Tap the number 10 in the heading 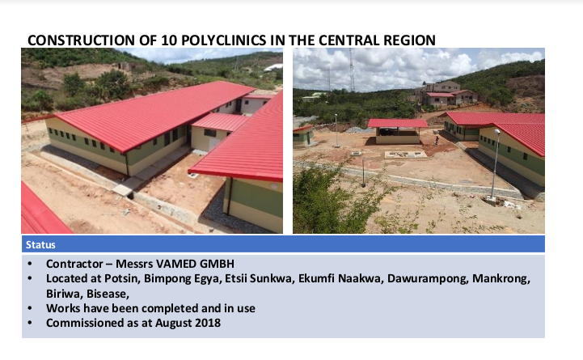pos(168,40)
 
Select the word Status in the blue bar pos(40,244)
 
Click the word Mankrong pos(501,278)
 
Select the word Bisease pos(108,294)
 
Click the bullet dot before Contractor pos(30,264)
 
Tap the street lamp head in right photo pos(496,131)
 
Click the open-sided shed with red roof pos(398,131)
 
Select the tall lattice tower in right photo pos(352,70)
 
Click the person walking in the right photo pos(437,140)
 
